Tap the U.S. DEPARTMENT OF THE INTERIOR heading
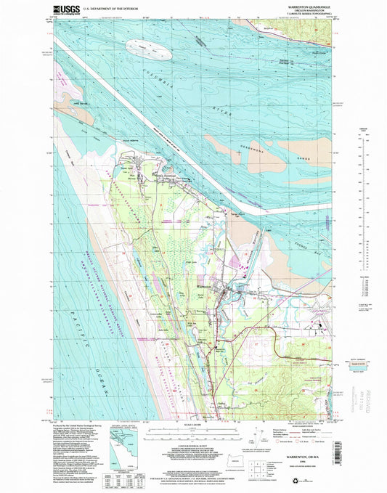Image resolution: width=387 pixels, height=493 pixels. [120, 12]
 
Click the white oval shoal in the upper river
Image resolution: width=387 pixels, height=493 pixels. [149, 50]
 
